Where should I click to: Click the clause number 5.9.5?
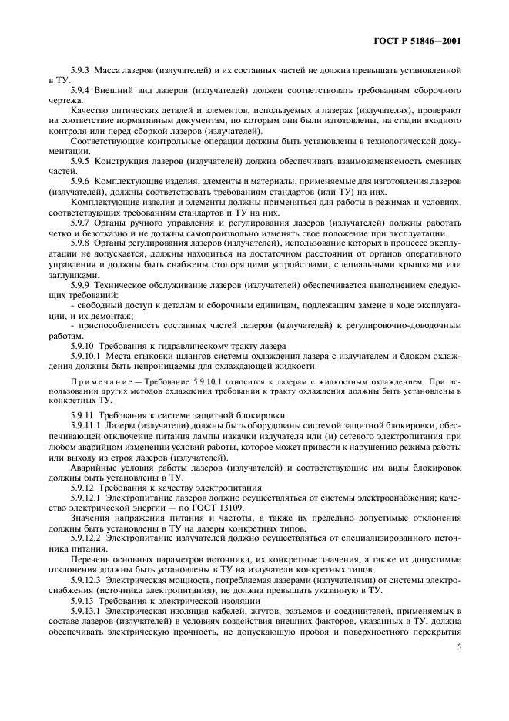pos(81,163)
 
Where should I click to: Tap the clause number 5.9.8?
pos(81,243)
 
